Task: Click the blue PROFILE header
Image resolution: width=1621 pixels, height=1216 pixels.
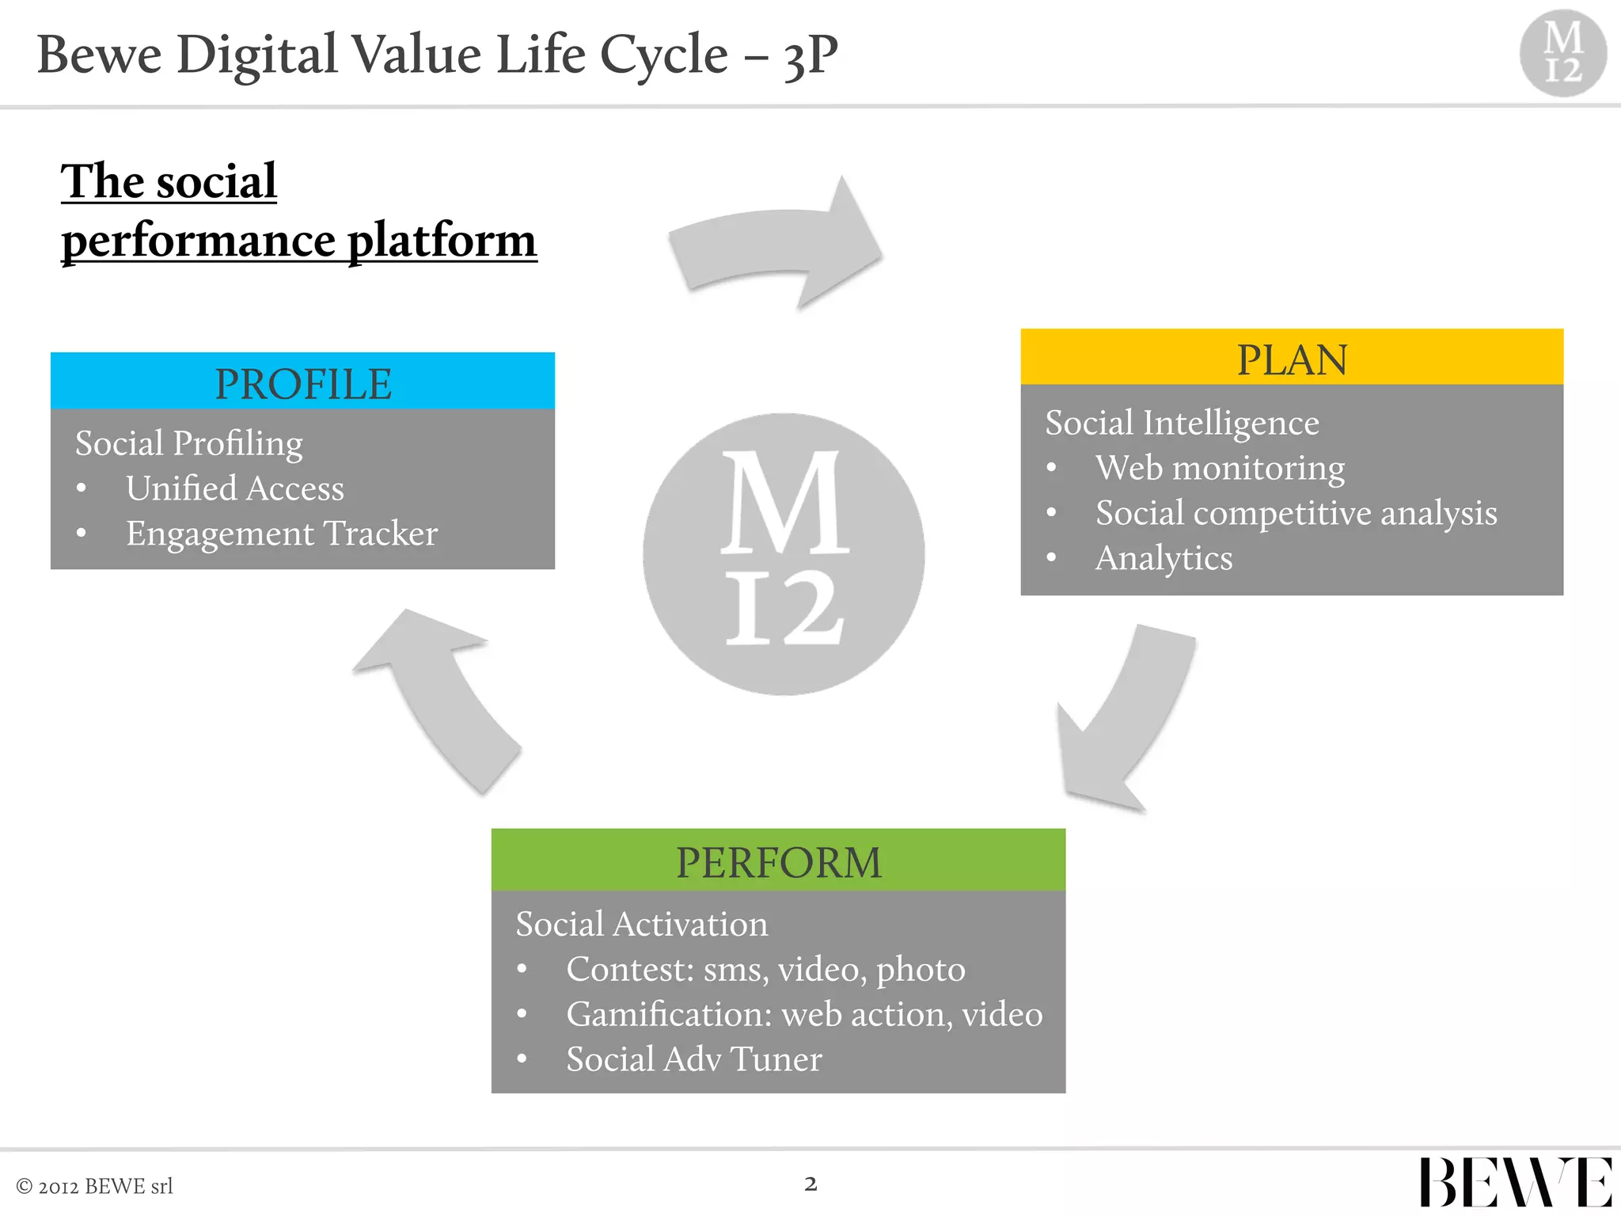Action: coord(302,382)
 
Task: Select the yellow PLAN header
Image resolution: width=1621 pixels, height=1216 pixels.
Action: coord(1291,358)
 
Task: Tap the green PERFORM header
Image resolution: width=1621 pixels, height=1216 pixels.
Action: coord(778,861)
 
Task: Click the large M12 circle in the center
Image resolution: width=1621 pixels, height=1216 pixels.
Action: coord(783,554)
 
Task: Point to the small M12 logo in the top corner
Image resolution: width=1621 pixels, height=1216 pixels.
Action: coord(1562,53)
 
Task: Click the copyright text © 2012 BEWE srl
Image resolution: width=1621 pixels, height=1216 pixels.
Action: coord(94,1186)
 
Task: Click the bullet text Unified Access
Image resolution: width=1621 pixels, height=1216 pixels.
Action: coord(235,488)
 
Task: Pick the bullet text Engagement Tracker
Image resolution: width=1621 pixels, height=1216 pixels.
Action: coord(282,534)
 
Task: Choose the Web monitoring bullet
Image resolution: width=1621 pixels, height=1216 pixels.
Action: coord(1220,468)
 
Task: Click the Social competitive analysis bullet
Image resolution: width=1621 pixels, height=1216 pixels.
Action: coord(1296,513)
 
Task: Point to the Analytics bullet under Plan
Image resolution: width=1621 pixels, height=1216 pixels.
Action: coord(1164,558)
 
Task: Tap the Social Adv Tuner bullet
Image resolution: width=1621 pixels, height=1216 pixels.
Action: coord(694,1059)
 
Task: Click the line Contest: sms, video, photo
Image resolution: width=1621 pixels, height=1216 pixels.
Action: coord(765,969)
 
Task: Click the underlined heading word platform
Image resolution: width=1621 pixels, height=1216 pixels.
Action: coord(442,241)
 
